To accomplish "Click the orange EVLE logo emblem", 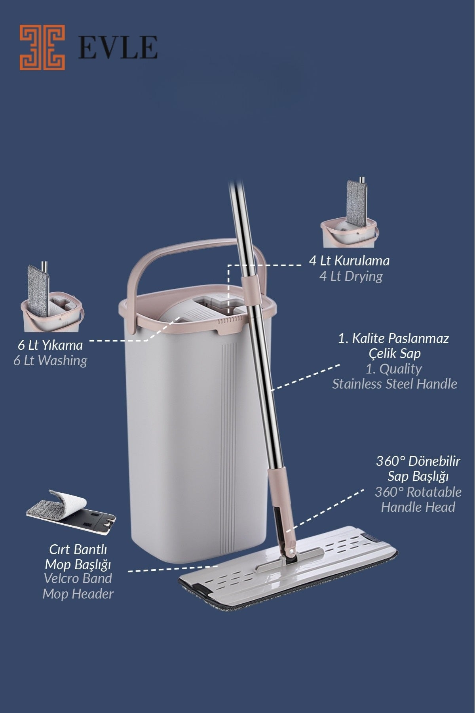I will pos(42,48).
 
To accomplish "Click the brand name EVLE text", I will pos(118,48).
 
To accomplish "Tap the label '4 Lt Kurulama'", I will pos(349,261).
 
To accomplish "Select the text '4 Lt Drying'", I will pos(351,276).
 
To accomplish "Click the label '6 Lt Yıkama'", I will pos(50,345).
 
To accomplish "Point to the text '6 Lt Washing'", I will pos(50,360).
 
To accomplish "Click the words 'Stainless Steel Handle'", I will pos(394,384).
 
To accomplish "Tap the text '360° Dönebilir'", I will pos(418,462).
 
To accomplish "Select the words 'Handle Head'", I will pos(418,507).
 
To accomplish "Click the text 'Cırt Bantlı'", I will pos(78,550).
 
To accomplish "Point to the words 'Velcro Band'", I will pos(78,578).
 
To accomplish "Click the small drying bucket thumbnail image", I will pos(351,214).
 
